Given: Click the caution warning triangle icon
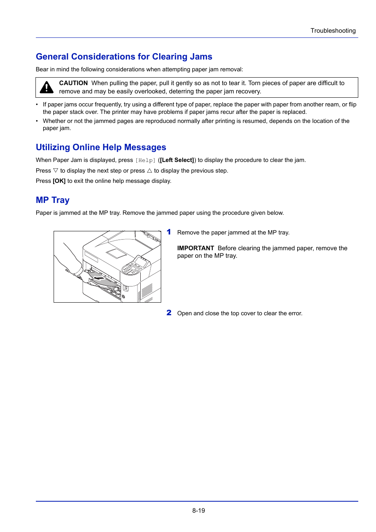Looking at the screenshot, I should [47, 87].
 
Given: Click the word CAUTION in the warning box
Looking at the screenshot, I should [73, 83].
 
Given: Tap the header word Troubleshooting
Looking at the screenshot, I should [333, 31].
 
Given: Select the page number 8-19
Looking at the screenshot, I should [199, 510].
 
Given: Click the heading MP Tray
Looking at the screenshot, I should [52, 200].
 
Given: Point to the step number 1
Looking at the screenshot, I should [169, 232].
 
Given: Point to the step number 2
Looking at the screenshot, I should [169, 313].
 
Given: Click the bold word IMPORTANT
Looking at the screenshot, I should [195, 248].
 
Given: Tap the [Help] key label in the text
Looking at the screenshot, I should [145, 160].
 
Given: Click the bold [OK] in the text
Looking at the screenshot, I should [59, 181].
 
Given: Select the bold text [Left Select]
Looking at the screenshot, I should [177, 160].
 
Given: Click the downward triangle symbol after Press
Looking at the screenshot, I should [56, 171].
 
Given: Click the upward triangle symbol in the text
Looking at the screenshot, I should [149, 171].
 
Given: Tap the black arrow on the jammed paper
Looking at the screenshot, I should [99, 278].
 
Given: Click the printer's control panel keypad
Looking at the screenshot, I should [131, 269].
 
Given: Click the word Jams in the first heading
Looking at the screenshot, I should [201, 57].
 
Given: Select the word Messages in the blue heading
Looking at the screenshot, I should [145, 147].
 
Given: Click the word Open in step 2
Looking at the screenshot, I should [184, 313].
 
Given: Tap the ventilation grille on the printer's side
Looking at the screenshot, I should [147, 291].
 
